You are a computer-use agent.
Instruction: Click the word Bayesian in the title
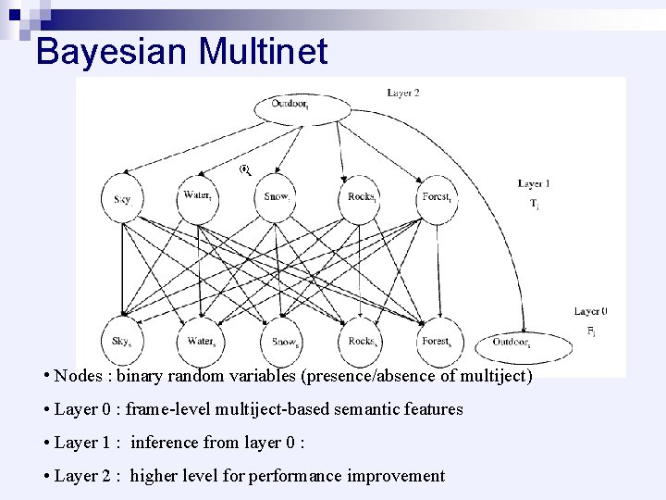pyautogui.click(x=111, y=51)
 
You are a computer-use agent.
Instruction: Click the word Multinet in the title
pyautogui.click(x=262, y=51)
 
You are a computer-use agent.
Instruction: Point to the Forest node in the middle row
pyautogui.click(x=437, y=197)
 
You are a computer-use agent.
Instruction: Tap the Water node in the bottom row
pyautogui.click(x=202, y=342)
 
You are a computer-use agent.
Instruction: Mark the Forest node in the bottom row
pyautogui.click(x=438, y=342)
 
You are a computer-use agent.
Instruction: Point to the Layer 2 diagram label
pyautogui.click(x=403, y=93)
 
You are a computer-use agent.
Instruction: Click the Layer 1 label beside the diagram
pyautogui.click(x=534, y=184)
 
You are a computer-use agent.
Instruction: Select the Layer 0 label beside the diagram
pyautogui.click(x=590, y=311)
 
